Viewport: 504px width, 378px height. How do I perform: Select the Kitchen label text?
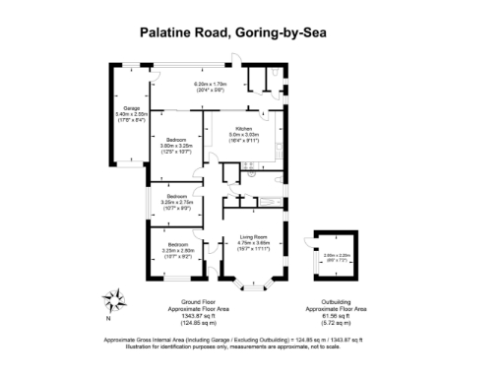(x=243, y=128)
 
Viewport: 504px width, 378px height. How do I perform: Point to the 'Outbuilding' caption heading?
(x=336, y=301)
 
